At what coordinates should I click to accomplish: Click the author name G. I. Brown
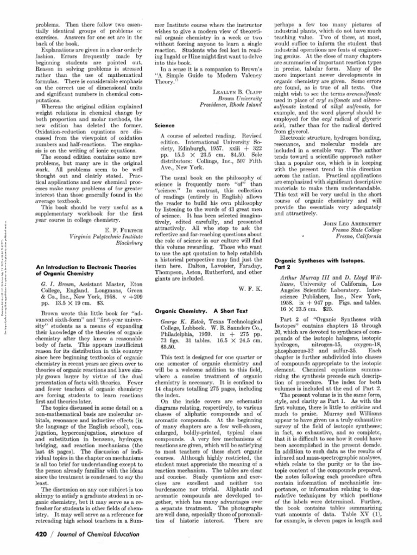(53, 282)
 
